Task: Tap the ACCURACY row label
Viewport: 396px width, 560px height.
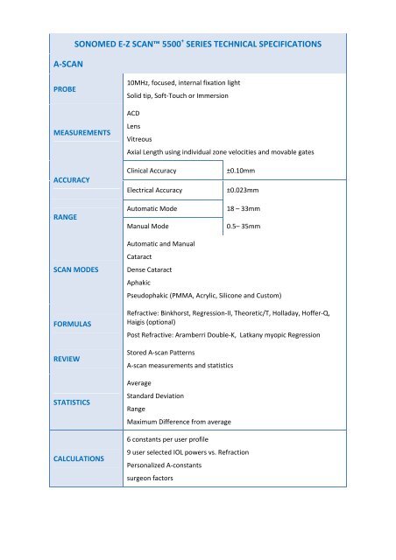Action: click(67, 179)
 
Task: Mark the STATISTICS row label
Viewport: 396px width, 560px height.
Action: click(70, 403)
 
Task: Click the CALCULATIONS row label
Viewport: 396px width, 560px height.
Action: click(78, 458)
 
